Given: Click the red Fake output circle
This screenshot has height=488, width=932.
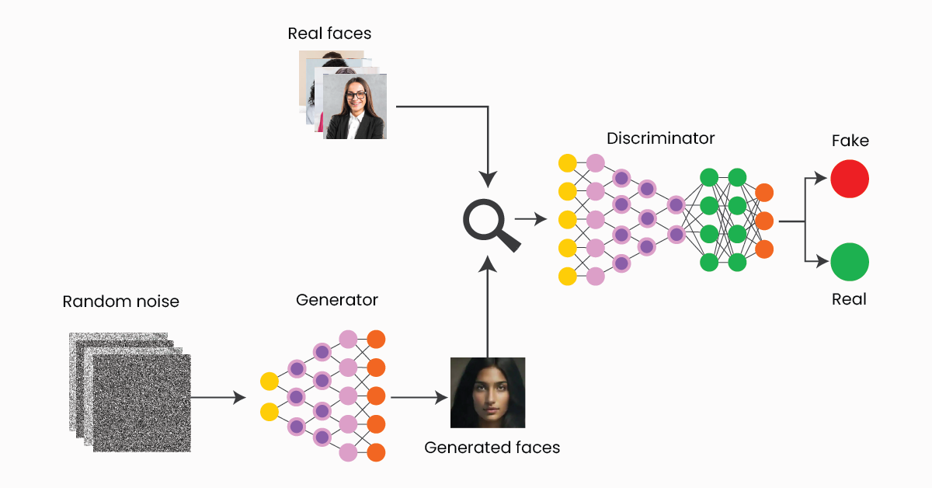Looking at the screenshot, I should point(849,180).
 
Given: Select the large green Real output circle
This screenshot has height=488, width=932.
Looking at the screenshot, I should point(849,262).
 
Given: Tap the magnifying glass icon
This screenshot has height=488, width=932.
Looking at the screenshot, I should point(490,225).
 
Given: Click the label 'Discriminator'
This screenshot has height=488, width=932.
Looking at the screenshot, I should point(660,138).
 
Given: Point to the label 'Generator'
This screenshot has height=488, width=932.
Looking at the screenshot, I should point(337,300).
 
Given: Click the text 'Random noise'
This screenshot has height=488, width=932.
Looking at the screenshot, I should point(120,302).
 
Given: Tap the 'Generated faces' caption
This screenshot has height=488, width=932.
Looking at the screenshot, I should point(492,448).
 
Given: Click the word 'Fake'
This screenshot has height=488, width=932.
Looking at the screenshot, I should point(850,141).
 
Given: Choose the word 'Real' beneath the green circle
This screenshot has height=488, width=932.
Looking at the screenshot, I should point(849,299).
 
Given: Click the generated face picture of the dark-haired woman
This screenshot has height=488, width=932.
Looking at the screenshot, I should point(488,392).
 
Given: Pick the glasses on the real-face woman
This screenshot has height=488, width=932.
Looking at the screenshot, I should point(356,96).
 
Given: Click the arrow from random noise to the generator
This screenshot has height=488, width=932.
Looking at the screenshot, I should point(217,398).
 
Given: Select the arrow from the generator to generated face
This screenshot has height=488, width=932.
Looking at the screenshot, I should point(419,398).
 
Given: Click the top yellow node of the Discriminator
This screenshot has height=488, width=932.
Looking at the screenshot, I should point(568,163).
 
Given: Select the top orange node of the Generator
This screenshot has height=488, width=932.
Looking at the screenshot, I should point(376,340).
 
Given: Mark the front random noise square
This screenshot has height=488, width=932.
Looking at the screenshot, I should point(141,403).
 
